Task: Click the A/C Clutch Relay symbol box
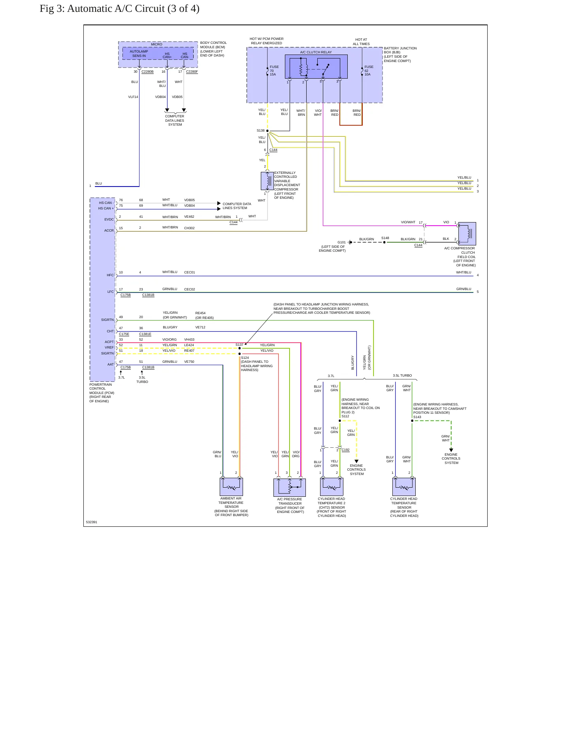(x=316, y=67)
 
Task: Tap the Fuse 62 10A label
(x=369, y=71)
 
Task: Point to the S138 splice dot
(x=268, y=131)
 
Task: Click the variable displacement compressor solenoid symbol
(x=268, y=181)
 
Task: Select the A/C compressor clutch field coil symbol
(x=467, y=234)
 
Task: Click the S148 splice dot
(x=384, y=242)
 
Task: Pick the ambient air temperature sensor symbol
(x=231, y=486)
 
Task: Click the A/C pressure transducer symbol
(x=290, y=487)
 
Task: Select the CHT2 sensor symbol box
(x=332, y=486)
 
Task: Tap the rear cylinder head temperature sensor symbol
(x=404, y=486)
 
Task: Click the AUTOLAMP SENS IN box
(x=139, y=53)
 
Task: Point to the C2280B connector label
(x=147, y=72)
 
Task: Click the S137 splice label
(x=239, y=345)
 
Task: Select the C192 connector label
(x=345, y=450)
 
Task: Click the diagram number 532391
(x=92, y=522)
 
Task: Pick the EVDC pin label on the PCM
(x=109, y=219)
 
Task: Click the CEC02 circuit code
(x=190, y=289)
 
